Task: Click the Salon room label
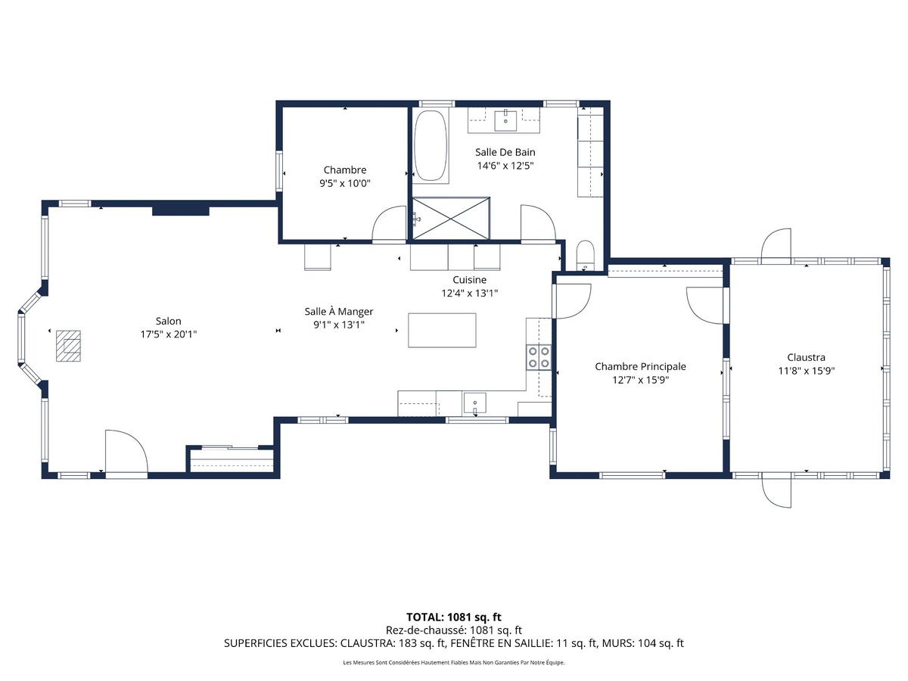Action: [168, 321]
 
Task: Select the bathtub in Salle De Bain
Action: [431, 146]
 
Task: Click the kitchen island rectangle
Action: [442, 330]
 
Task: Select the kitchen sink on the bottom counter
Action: [474, 403]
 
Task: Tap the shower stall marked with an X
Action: [450, 216]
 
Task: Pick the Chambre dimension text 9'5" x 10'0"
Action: [345, 183]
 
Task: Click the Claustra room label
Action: [806, 357]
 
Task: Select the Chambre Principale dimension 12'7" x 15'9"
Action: [640, 380]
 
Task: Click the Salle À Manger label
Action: [338, 311]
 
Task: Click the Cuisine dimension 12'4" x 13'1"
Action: [470, 293]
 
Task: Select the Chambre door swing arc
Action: [390, 224]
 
